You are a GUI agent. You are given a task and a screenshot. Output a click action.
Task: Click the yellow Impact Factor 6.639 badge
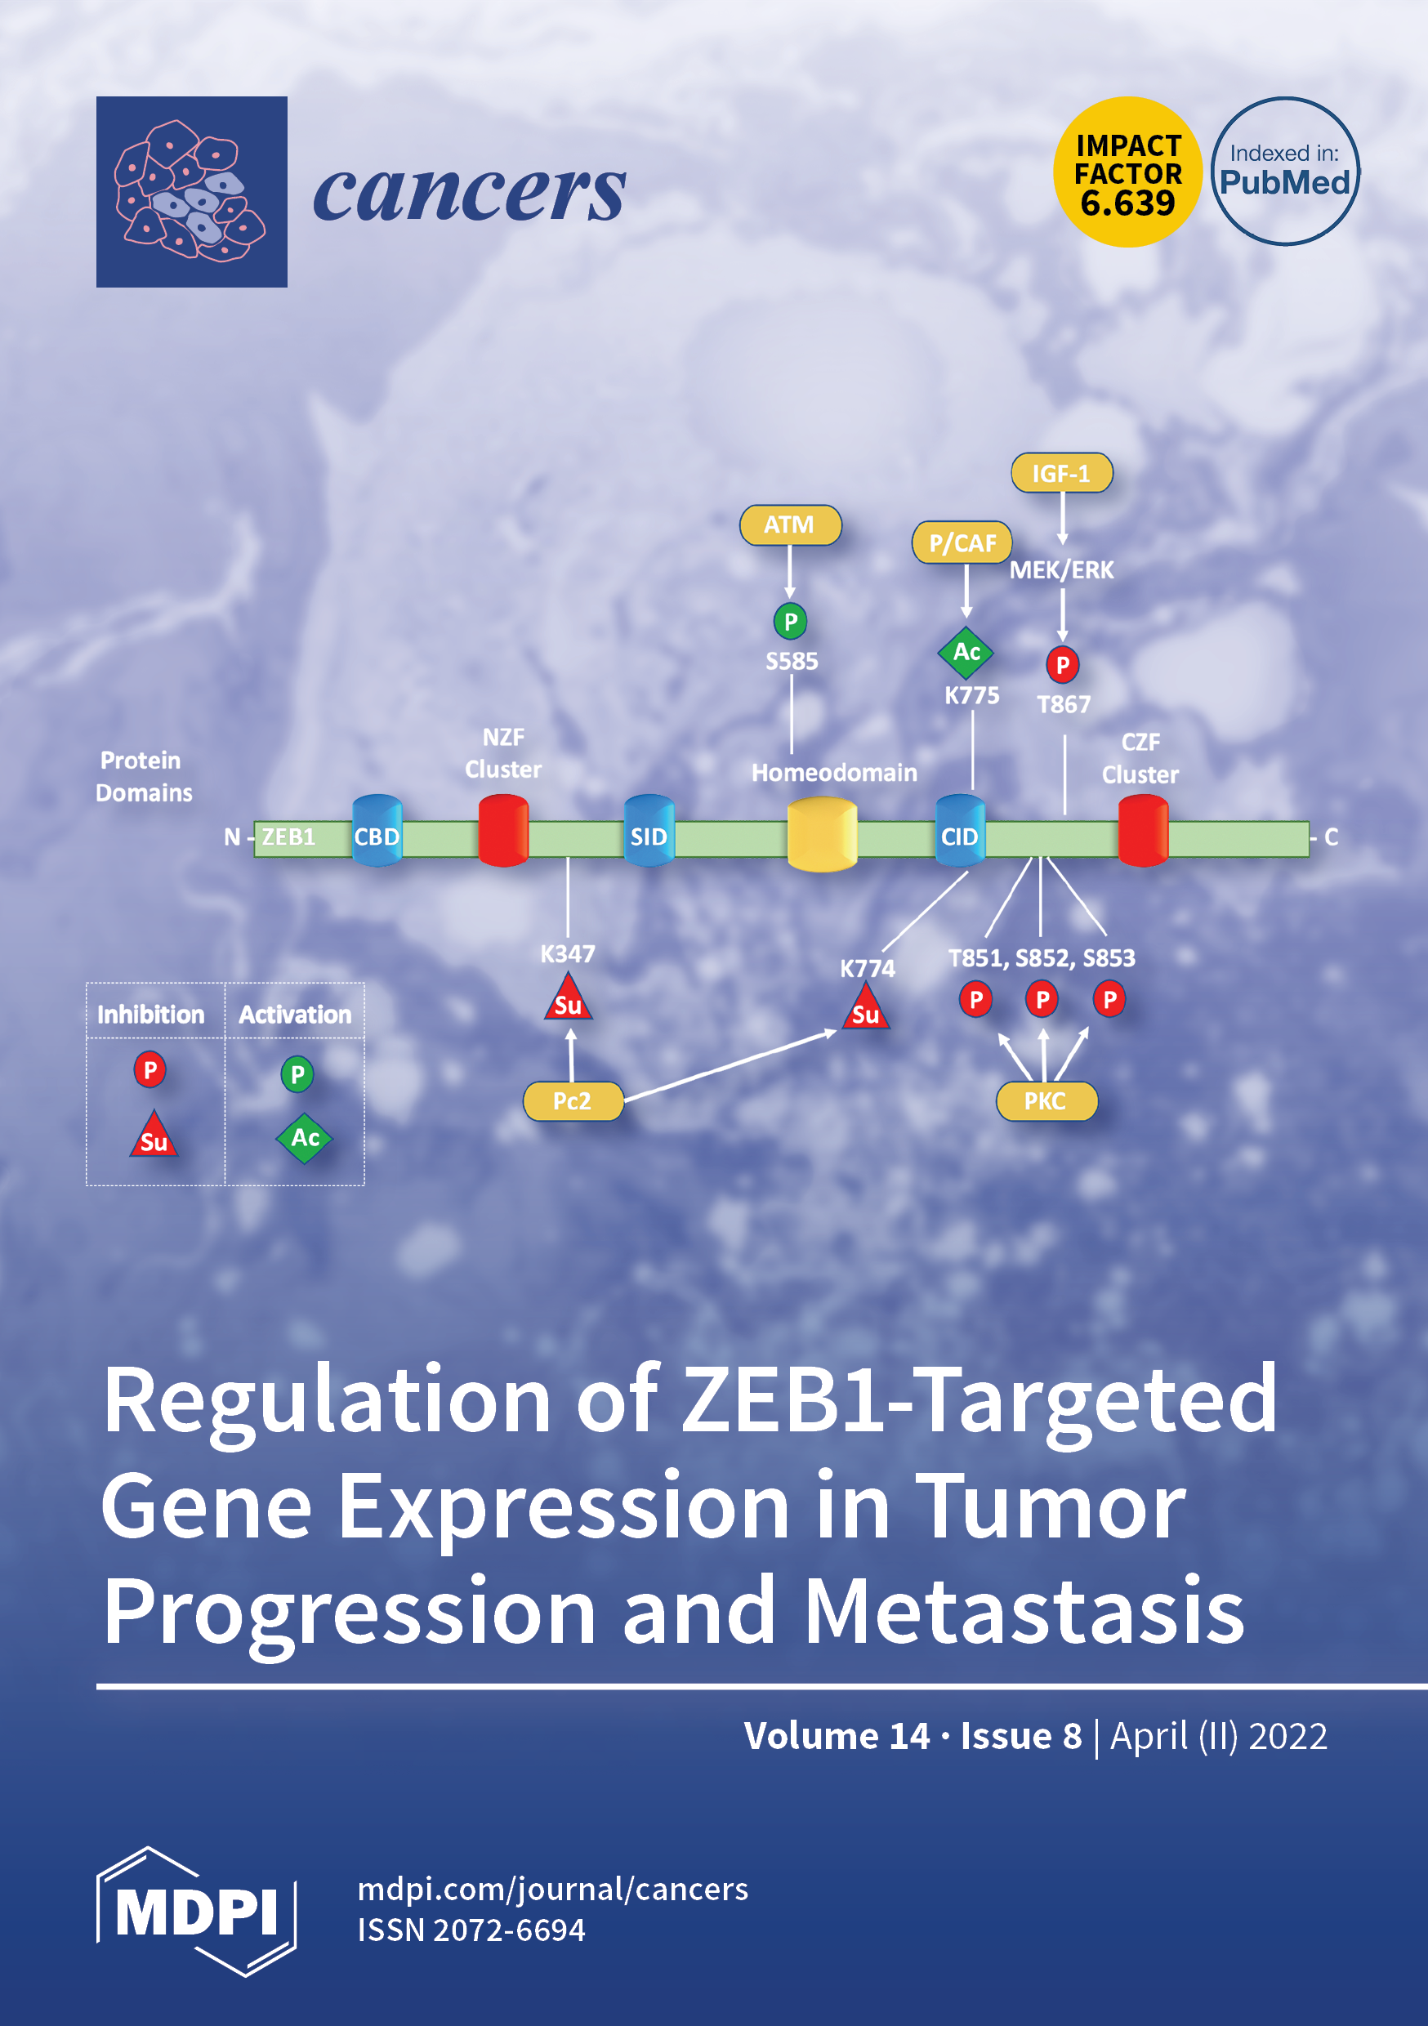pyautogui.click(x=1127, y=172)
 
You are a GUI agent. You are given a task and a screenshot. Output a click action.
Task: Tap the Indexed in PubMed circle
pyautogui.click(x=1284, y=172)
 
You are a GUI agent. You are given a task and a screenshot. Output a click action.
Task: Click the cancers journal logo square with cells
pyautogui.click(x=191, y=191)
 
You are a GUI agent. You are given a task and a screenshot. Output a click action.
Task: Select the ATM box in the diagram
pyautogui.click(x=790, y=525)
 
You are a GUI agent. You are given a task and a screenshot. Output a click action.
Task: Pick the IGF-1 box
pyautogui.click(x=1061, y=474)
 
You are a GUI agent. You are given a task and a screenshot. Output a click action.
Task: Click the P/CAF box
pyautogui.click(x=962, y=542)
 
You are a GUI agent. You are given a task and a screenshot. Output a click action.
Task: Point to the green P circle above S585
pyautogui.click(x=790, y=621)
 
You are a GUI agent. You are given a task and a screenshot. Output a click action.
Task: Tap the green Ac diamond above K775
pyautogui.click(x=966, y=653)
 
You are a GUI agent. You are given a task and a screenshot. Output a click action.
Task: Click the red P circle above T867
pyautogui.click(x=1063, y=664)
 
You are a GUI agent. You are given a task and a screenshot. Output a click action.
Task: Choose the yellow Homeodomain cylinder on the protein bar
pyautogui.click(x=822, y=834)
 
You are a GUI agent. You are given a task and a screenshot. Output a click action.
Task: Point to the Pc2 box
pyautogui.click(x=573, y=1101)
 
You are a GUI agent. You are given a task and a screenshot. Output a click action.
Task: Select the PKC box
pyautogui.click(x=1046, y=1101)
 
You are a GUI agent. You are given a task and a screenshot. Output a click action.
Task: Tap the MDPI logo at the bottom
pyautogui.click(x=196, y=1912)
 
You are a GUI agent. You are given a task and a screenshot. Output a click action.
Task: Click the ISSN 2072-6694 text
pyautogui.click(x=471, y=1930)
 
